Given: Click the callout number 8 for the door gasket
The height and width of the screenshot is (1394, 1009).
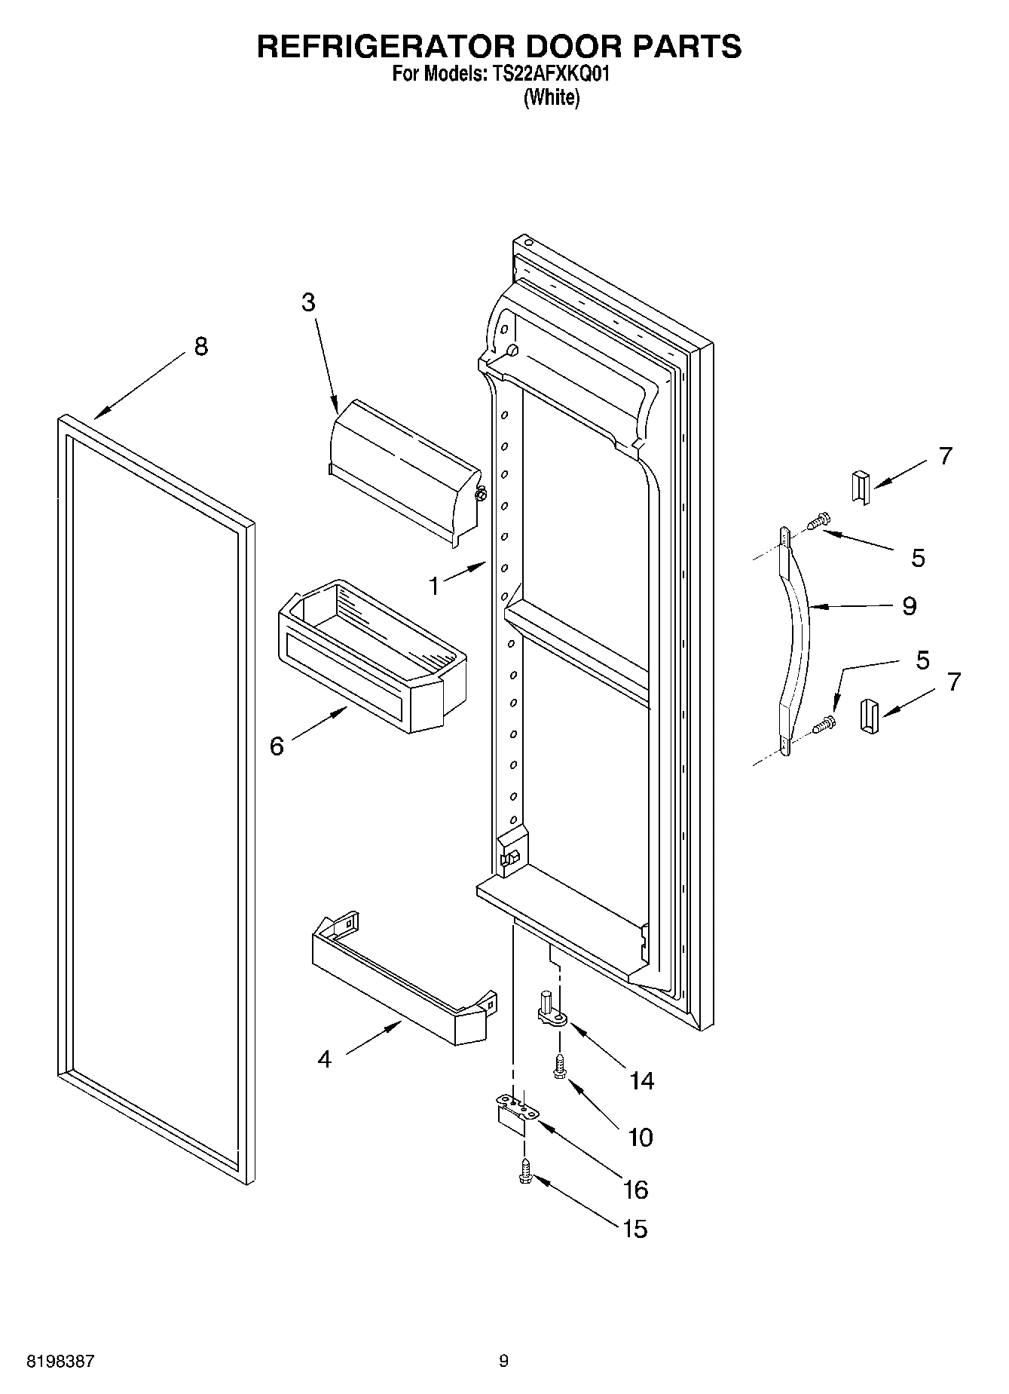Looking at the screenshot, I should pos(200,347).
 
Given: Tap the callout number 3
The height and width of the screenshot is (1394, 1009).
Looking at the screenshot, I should pos(308,302).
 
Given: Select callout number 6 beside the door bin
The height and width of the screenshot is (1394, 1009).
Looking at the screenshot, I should pos(277,746).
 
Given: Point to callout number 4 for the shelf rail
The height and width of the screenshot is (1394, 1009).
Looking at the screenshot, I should pos(324,1059).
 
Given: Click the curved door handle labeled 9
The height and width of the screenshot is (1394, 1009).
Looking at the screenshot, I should pos(794,641).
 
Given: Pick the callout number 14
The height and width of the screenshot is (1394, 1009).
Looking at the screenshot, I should pos(641,1081).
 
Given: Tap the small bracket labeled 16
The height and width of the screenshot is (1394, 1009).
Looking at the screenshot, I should pos(515,1114).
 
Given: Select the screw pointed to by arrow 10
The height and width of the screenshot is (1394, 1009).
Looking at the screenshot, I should pos(558,1065).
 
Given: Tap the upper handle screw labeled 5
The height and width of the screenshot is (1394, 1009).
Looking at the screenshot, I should pos(818,519).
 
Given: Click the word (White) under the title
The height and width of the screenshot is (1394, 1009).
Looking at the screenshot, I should pos(552,97).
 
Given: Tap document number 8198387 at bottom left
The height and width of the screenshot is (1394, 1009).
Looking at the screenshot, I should pos(60,1361).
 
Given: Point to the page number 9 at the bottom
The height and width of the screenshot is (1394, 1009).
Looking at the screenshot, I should pos(503,1361).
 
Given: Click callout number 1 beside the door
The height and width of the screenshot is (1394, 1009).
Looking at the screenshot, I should pos(434,586).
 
